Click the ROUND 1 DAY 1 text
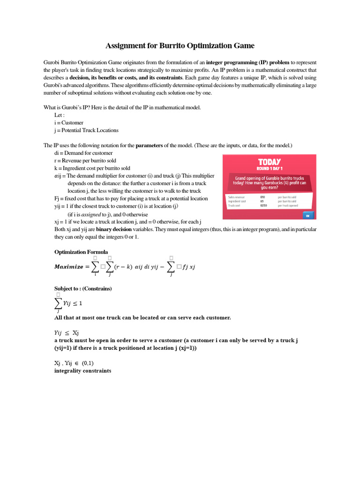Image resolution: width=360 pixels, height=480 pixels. pos(270,168)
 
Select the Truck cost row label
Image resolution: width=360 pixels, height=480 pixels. pos(234,205)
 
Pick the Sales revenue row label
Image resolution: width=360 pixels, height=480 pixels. pos(236,197)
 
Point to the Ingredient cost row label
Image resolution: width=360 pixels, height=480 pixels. pos(237,201)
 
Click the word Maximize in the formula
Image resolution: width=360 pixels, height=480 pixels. pos(68,267)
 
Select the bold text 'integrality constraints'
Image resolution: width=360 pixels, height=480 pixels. pos(83,371)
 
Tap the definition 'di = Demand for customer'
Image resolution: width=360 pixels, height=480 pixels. pos(83,153)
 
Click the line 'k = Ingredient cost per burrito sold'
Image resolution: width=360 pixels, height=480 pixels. pos(99,168)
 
